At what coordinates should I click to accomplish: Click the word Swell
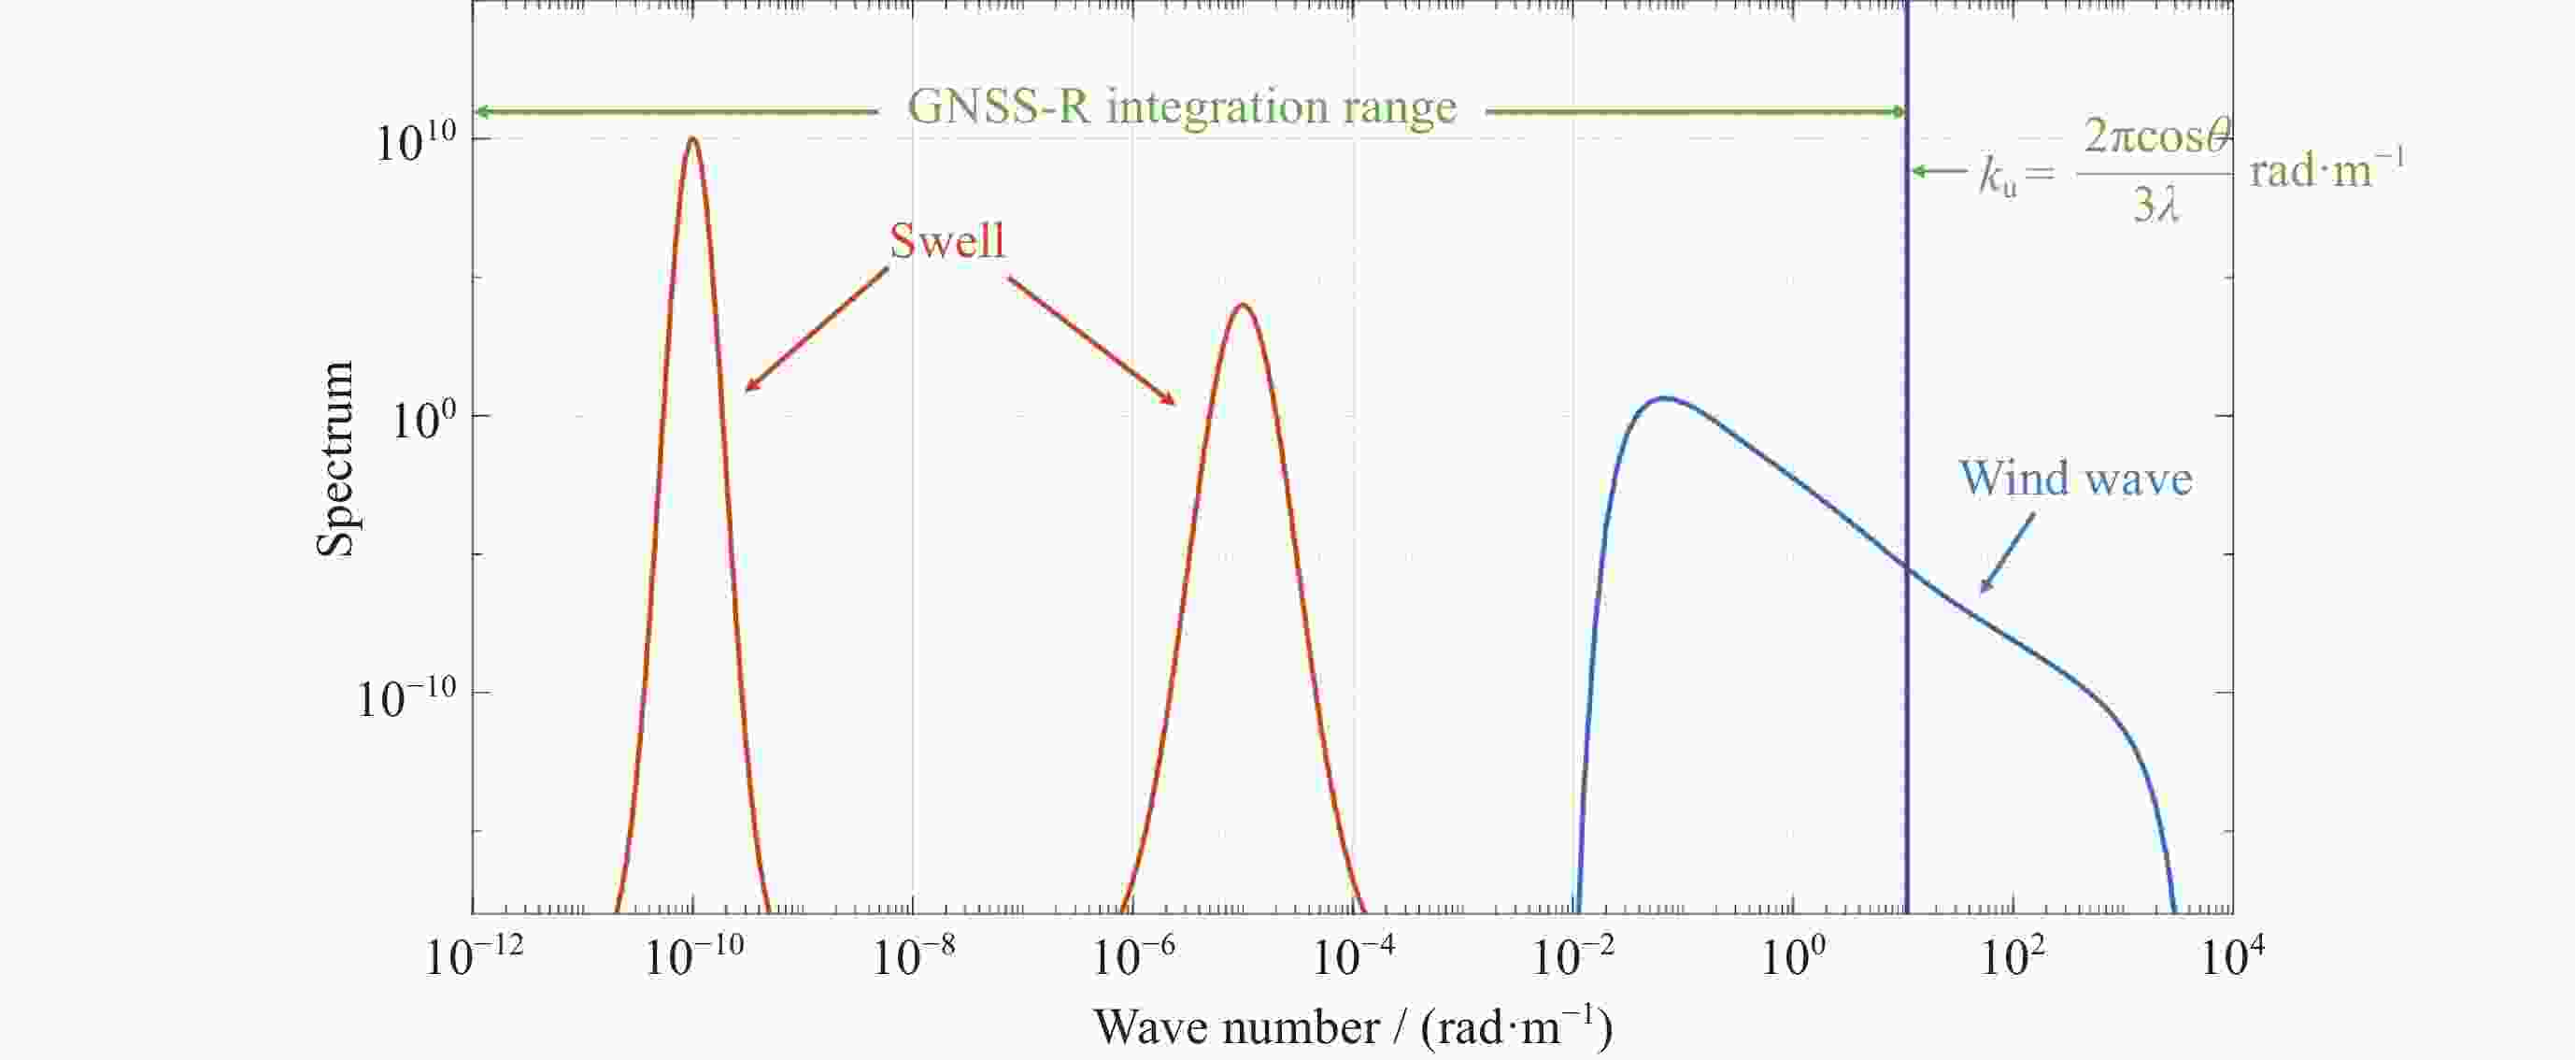[x=946, y=241]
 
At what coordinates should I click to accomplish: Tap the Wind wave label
[x=2075, y=479]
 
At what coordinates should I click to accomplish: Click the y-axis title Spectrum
[x=334, y=459]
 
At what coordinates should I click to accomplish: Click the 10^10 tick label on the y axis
[x=415, y=143]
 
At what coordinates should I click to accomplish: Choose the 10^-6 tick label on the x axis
[x=1133, y=957]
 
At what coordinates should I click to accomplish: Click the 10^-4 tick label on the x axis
[x=1354, y=957]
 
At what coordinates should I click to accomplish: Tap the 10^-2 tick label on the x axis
[x=1573, y=957]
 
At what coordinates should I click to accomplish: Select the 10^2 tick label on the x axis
[x=2012, y=957]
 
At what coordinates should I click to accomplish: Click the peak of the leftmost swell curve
[x=692, y=139]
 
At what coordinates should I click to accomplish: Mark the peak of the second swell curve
[x=1242, y=305]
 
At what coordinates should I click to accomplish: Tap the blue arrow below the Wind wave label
[x=2007, y=553]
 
